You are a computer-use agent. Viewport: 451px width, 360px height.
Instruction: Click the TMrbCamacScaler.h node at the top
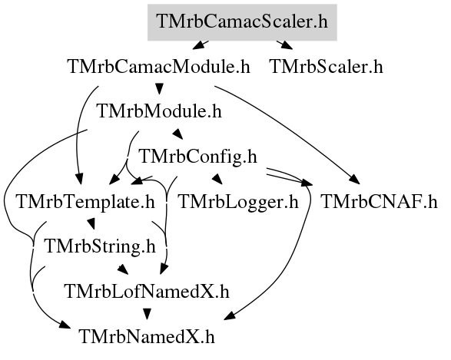[242, 22]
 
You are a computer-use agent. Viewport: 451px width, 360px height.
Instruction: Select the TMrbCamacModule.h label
[159, 67]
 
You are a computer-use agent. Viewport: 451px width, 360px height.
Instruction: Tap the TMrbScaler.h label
[327, 67]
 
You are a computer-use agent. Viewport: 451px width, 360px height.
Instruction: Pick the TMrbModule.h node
[160, 111]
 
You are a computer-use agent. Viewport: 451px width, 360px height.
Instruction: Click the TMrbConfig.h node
[197, 157]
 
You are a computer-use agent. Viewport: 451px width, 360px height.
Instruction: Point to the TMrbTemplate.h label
[86, 202]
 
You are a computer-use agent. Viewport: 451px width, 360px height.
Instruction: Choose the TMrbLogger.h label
[238, 202]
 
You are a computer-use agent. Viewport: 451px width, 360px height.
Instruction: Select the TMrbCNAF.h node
[379, 202]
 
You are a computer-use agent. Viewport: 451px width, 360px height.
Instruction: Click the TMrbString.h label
[100, 246]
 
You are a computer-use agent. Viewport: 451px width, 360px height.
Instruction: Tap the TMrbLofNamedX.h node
[148, 292]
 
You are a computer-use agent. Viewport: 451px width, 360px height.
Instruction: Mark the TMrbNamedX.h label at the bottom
[147, 337]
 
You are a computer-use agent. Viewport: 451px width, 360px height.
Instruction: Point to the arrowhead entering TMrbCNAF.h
[354, 180]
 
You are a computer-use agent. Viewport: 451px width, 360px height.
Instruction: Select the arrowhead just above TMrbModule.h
[159, 88]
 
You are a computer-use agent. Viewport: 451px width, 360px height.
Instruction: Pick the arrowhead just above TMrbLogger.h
[217, 179]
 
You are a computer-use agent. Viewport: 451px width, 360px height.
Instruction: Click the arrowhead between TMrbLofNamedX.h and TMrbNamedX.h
[148, 314]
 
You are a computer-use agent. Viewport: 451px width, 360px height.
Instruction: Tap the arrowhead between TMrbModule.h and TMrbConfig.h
[177, 134]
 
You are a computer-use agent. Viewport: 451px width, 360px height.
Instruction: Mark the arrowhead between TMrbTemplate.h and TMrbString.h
[91, 224]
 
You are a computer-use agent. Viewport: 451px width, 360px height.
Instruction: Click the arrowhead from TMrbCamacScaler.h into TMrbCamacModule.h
[198, 45]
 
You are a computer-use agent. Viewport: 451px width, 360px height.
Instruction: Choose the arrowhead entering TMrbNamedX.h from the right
[230, 315]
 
